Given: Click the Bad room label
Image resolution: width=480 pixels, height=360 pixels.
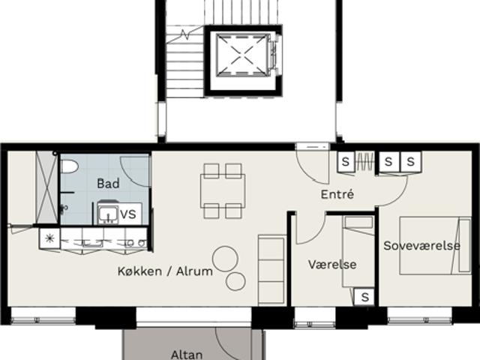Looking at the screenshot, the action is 108,183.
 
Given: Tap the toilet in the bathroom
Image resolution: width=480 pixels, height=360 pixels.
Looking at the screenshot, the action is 70,166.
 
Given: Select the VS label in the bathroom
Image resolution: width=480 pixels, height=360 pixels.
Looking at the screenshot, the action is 128,214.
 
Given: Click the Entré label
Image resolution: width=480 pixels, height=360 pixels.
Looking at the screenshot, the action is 337,194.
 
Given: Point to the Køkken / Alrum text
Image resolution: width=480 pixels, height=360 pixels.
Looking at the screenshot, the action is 165,271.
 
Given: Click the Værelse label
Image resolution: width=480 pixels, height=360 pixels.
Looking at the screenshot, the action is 332,265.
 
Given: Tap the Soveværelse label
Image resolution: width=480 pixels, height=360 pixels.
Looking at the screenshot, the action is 421,245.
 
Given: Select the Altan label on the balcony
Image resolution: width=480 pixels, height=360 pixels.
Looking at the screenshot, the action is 187,355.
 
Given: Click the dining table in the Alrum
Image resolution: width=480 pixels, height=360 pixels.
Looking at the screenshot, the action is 223,191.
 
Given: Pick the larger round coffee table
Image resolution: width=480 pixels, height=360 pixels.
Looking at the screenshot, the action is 225,259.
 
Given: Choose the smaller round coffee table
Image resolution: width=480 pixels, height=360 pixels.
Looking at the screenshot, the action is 235,281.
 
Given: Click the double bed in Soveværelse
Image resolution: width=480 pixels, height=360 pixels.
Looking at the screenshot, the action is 435,245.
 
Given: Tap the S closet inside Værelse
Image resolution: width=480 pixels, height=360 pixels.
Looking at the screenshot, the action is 364,297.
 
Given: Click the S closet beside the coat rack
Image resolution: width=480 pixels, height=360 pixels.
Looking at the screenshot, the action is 346,161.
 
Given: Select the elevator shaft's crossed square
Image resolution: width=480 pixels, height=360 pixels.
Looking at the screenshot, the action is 241,55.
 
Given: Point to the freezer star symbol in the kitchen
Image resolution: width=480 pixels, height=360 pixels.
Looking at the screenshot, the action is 49,238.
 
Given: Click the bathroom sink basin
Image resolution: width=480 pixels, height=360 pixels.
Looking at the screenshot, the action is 108,213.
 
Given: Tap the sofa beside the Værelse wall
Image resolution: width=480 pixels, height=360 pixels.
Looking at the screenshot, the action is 271,270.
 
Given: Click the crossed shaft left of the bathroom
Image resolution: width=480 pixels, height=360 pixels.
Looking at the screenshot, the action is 46,187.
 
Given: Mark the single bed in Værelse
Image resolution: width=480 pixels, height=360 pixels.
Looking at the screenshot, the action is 358,252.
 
